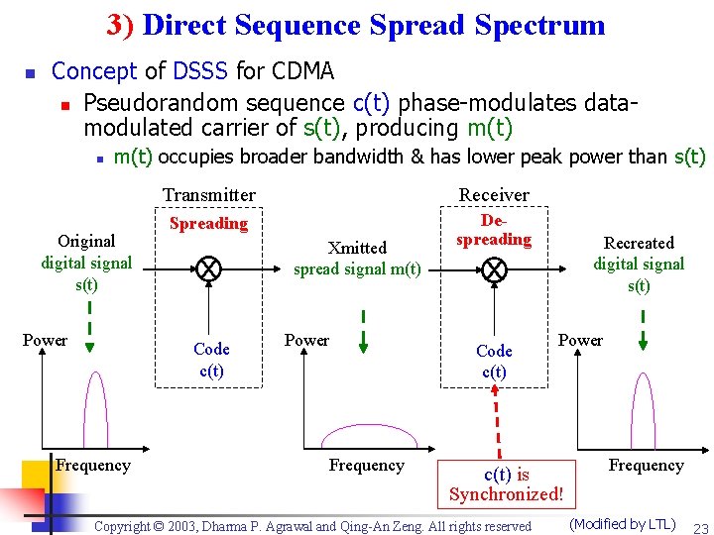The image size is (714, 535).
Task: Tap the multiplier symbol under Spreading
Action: [x=208, y=268]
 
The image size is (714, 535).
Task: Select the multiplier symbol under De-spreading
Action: [x=493, y=268]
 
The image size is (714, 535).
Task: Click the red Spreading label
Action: [x=208, y=223]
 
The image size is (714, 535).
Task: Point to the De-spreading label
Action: [x=493, y=230]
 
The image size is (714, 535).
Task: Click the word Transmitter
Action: [x=208, y=195]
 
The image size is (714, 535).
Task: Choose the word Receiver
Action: [x=493, y=194]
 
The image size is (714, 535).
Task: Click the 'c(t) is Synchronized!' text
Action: [x=506, y=484]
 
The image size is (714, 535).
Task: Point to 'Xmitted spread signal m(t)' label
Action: [x=357, y=259]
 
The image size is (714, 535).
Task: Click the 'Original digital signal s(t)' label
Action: [x=86, y=263]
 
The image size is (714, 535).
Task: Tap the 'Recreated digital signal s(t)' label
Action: [x=639, y=264]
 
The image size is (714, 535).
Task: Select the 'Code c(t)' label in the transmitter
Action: [x=211, y=360]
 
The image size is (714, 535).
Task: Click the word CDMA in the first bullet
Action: [x=301, y=71]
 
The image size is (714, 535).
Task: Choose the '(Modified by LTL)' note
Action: [x=622, y=524]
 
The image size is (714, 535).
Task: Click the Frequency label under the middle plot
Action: [x=366, y=465]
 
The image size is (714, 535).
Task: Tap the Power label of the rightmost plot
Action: [x=580, y=340]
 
